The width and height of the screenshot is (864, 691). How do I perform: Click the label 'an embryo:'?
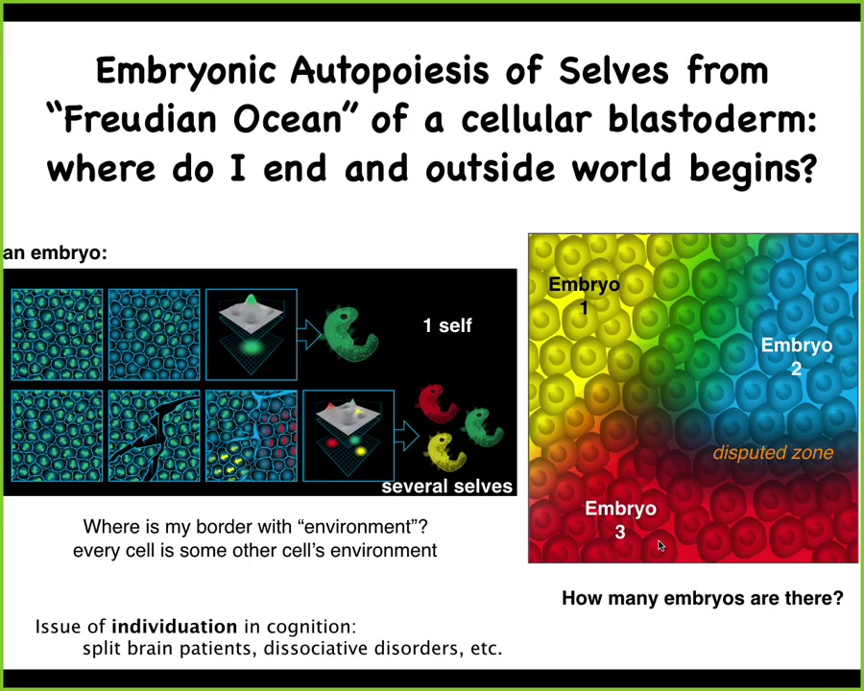pos(55,253)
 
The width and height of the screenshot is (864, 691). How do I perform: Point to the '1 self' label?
pos(447,325)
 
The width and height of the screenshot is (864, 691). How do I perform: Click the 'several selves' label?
pos(446,486)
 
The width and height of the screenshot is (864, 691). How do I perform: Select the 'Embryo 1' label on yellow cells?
pos(584,296)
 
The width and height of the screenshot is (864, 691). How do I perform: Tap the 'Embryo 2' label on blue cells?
pos(796,356)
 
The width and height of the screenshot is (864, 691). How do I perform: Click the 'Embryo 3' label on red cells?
pos(620,519)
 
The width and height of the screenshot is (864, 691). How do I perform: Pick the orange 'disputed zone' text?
pos(773,452)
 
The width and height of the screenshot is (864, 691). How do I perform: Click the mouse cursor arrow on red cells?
pos(661,545)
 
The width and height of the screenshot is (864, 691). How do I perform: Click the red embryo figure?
pos(437,403)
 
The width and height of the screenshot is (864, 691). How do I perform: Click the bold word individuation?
pos(174,627)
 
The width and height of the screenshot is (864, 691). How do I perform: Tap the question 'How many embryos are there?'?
pos(703,598)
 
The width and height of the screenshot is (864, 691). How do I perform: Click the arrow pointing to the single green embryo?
pos(309,334)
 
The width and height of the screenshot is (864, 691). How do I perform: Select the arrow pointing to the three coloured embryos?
pos(407,436)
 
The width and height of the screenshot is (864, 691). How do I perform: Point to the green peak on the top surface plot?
pos(252,299)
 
